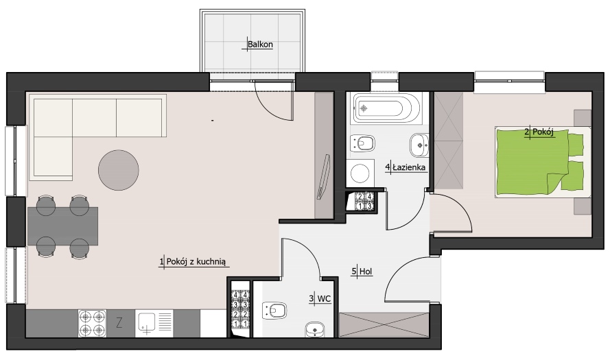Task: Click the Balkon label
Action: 260,45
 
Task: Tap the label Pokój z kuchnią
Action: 196,262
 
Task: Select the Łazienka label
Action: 409,167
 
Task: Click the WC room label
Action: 324,298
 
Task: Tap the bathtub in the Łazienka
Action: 386,108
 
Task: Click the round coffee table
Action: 118,170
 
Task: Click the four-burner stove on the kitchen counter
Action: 92,323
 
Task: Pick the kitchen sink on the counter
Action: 154,323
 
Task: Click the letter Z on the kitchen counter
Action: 119,323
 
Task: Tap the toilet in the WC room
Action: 274,310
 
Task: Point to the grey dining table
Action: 62,226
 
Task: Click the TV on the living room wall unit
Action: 324,176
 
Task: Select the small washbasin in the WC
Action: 315,329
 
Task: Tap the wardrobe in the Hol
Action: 384,324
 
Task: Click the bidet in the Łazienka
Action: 362,143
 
